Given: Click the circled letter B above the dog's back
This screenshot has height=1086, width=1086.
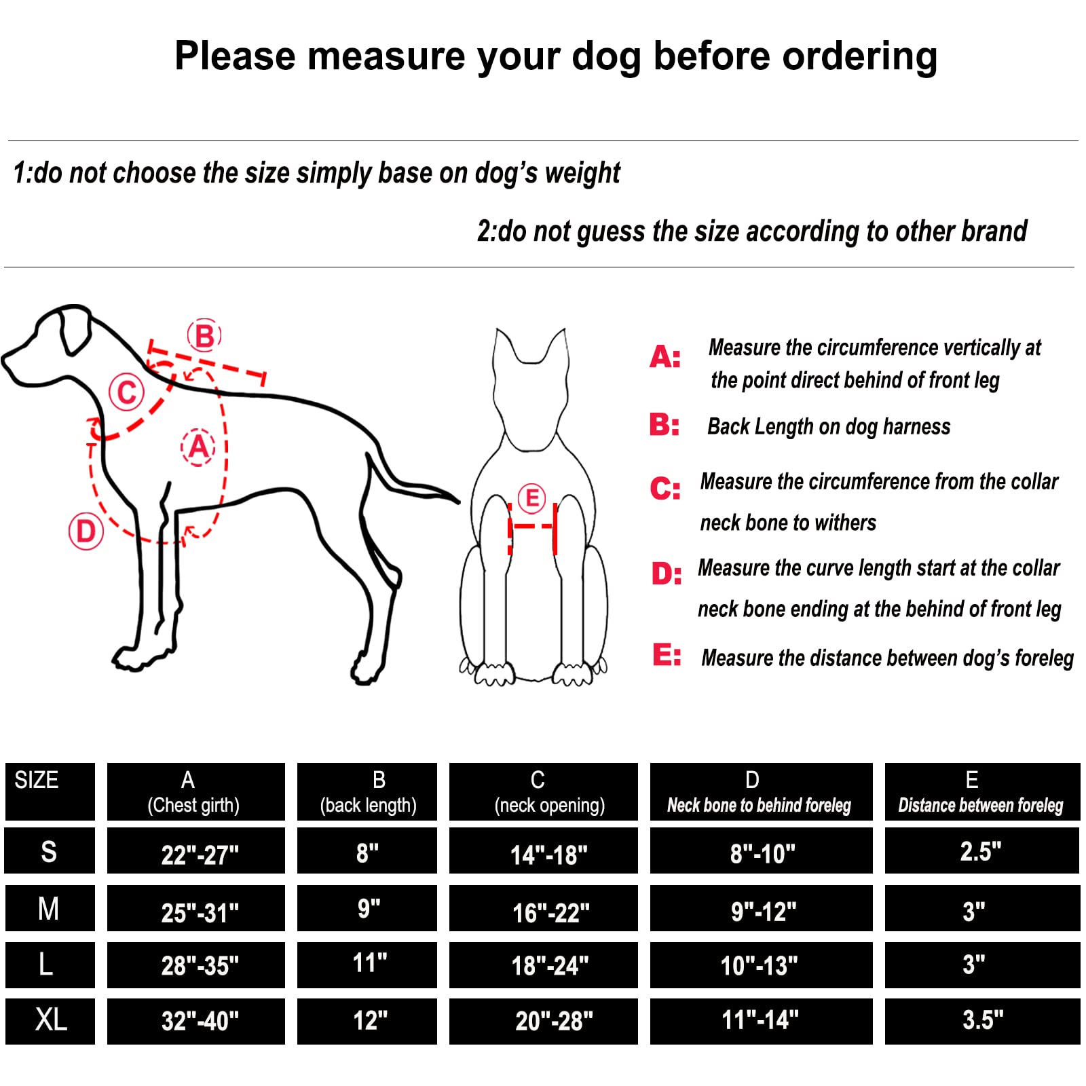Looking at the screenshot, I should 204,335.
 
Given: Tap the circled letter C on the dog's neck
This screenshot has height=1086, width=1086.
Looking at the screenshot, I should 127,392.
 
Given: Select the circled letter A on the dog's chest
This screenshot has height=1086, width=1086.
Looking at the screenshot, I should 198,447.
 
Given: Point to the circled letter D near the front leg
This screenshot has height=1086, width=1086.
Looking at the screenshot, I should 86,531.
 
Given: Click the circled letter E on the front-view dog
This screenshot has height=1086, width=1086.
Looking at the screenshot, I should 532,498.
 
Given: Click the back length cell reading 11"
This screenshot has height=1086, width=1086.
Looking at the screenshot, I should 367,965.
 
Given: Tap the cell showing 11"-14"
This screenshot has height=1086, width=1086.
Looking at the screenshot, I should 761,1021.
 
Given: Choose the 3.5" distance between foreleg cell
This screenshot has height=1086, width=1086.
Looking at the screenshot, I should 982,1021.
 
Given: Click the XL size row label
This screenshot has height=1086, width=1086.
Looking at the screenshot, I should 50,1021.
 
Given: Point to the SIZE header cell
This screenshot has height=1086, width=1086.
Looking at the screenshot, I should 50,791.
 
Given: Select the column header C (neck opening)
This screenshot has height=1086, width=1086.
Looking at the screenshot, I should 544,791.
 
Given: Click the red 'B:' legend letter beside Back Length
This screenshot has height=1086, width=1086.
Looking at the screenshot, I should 664,426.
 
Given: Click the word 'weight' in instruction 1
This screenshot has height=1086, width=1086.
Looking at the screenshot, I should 582,174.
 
